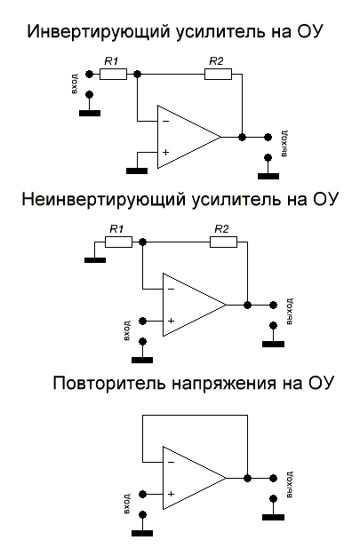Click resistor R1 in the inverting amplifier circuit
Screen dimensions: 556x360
point(113,74)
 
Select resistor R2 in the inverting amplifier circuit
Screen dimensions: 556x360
point(218,74)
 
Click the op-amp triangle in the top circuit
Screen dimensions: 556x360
point(185,138)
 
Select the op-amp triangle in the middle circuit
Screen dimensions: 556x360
point(190,305)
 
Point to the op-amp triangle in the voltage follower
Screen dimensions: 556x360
point(190,477)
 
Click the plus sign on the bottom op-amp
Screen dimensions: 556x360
point(171,493)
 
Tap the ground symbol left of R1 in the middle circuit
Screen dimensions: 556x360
point(93,259)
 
